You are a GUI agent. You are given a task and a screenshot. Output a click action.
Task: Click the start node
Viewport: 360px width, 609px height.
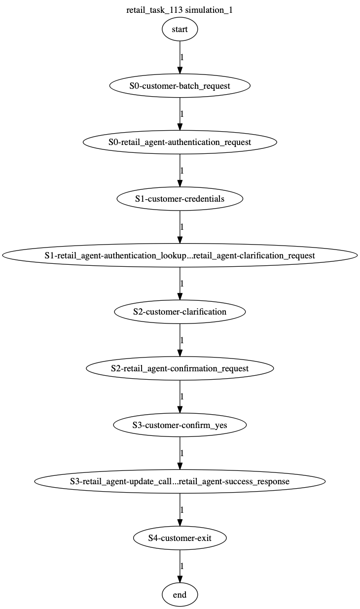[180, 29]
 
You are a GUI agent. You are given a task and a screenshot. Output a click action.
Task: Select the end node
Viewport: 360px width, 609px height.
[180, 595]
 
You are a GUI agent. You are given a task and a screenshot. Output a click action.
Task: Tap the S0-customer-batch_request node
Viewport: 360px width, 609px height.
[180, 86]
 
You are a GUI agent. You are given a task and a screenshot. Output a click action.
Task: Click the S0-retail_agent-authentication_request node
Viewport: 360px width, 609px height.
[180, 142]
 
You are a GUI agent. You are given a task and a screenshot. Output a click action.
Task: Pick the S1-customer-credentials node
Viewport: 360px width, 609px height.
[180, 199]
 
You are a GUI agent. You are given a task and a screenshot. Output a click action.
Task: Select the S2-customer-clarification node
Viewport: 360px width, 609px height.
[180, 312]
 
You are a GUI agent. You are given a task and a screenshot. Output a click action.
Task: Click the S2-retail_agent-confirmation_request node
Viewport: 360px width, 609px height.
[180, 368]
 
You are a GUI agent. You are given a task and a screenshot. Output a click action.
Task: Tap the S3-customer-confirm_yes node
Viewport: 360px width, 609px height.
[180, 425]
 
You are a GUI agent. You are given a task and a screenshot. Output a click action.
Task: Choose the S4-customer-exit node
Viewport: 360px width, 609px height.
[180, 538]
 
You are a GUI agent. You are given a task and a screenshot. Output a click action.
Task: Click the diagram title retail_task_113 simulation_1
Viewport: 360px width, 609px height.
[180, 10]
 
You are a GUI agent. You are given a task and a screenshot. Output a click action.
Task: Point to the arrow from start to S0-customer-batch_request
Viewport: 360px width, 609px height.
[180, 57]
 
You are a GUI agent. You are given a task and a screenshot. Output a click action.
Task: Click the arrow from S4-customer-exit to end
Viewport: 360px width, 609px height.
[180, 566]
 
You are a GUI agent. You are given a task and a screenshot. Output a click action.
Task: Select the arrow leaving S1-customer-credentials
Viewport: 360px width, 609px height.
[180, 227]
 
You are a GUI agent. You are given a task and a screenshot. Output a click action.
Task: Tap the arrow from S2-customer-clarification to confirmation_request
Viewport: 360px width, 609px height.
[180, 340]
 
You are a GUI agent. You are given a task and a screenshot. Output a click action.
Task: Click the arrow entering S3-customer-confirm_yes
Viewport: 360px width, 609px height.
[180, 396]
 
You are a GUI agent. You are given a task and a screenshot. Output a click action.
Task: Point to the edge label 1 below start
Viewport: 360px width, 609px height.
[182, 57]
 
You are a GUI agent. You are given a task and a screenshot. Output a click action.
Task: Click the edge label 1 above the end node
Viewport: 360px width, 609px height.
[182, 566]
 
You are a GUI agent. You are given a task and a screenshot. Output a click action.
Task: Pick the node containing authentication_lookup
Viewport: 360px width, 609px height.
[180, 255]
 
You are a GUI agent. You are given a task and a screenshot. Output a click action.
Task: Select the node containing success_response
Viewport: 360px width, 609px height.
[180, 481]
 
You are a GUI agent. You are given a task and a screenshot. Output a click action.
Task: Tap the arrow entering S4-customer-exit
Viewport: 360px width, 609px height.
[180, 510]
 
